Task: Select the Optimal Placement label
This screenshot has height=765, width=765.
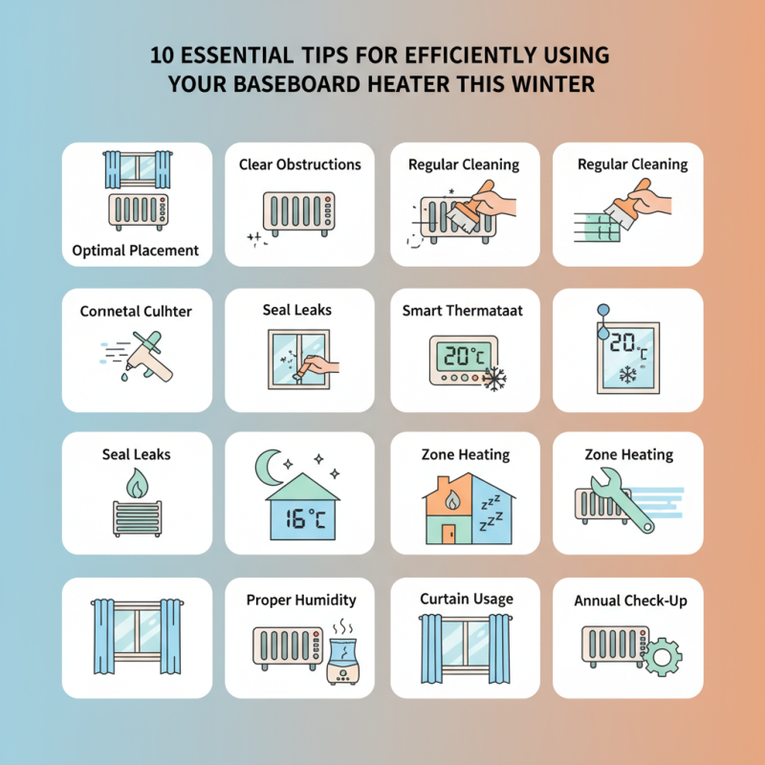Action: [136, 251]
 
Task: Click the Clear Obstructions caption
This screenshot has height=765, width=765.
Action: [300, 164]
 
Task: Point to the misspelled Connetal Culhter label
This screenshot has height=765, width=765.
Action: [136, 311]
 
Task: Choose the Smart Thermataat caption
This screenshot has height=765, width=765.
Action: [464, 311]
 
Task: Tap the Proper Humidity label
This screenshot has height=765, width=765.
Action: [300, 600]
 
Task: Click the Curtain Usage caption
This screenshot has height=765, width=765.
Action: [466, 599]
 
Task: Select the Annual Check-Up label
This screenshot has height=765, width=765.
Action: [630, 601]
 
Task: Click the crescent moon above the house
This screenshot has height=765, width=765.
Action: [269, 468]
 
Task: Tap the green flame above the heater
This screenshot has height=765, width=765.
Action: [136, 487]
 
